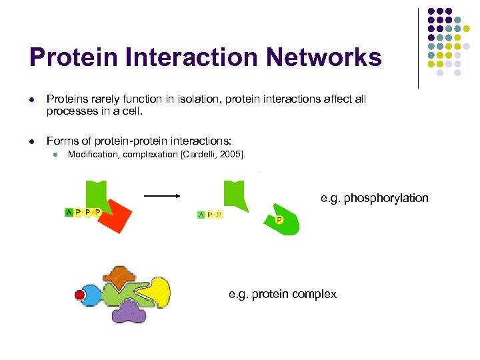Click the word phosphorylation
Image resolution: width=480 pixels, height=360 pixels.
[x=386, y=198]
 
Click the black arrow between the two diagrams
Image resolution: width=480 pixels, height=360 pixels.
[x=163, y=196]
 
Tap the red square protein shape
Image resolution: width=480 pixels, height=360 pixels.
[x=115, y=214]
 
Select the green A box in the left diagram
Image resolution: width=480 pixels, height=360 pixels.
[x=69, y=212]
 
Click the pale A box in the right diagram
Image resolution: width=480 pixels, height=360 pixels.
[x=201, y=214]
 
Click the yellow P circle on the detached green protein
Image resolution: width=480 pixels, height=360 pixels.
[x=279, y=220]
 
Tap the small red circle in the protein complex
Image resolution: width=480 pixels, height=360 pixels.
[x=79, y=294]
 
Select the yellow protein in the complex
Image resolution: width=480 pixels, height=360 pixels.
[x=156, y=291]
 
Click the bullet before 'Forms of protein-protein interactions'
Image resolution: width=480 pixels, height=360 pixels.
[x=31, y=141]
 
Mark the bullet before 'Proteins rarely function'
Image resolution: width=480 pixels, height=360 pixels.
[x=31, y=99]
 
